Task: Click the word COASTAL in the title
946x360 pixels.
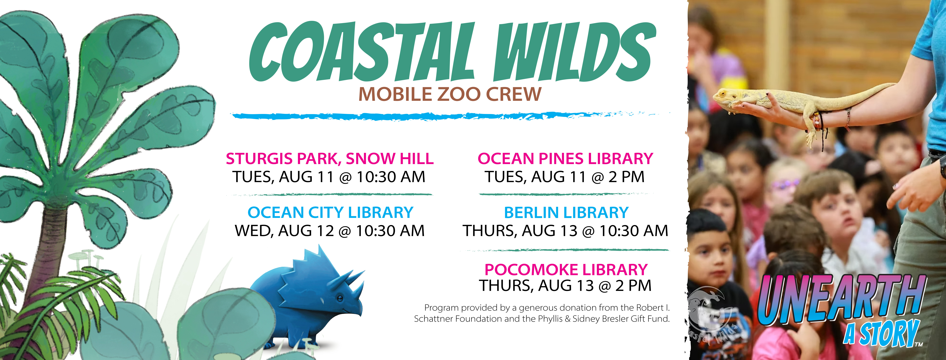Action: coord(362,51)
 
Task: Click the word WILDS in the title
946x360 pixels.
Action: coord(575,51)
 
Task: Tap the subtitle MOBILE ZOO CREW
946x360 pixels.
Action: coord(450,94)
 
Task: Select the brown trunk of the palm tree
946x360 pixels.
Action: coord(46,250)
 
